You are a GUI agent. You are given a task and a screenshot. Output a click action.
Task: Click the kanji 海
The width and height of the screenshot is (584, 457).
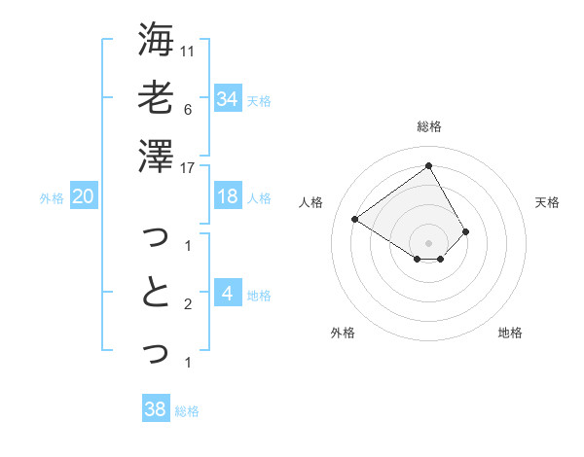pyautogui.click(x=156, y=40)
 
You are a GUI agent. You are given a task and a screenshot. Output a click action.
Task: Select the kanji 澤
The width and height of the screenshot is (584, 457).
pyautogui.click(x=156, y=156)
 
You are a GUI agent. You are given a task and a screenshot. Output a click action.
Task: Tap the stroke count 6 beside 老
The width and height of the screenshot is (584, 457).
pyautogui.click(x=188, y=109)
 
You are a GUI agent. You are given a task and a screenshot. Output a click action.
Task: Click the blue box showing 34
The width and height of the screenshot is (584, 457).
pyautogui.click(x=228, y=98)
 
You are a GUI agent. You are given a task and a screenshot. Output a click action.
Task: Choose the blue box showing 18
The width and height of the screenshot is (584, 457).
pyautogui.click(x=228, y=196)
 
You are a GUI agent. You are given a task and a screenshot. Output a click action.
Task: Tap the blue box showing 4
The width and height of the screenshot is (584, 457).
pyautogui.click(x=228, y=293)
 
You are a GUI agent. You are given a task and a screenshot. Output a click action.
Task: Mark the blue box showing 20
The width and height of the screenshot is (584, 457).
pyautogui.click(x=84, y=196)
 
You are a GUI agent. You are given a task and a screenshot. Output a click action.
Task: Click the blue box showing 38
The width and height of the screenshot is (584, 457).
pyautogui.click(x=156, y=409)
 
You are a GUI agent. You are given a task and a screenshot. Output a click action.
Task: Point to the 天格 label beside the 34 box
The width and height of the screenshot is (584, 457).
pyautogui.click(x=259, y=100)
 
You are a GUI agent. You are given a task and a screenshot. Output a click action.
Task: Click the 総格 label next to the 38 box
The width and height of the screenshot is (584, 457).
pyautogui.click(x=187, y=411)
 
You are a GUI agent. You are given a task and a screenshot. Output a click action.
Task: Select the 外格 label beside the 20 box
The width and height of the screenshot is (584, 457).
pyautogui.click(x=52, y=198)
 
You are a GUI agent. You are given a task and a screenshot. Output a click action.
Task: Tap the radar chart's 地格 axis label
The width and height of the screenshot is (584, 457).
pyautogui.click(x=510, y=333)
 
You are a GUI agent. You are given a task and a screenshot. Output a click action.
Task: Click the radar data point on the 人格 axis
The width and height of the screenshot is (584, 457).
pyautogui.click(x=355, y=220)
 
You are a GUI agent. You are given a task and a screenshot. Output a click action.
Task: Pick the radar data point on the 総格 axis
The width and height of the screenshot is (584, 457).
pyautogui.click(x=428, y=165)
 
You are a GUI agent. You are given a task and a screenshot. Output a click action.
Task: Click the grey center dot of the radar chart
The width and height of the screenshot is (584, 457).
pyautogui.click(x=428, y=242)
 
